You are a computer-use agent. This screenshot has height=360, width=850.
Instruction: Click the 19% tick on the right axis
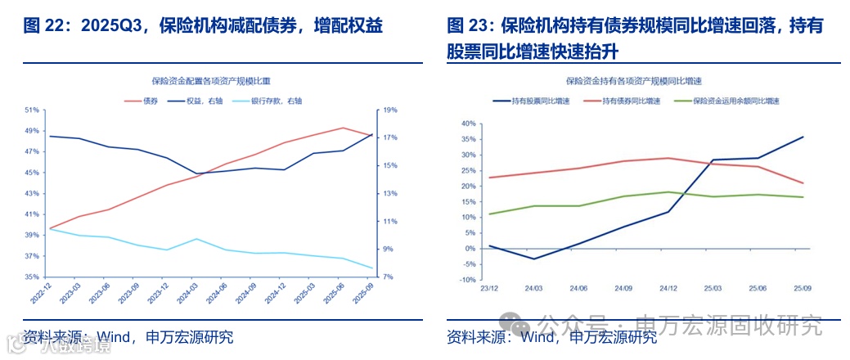[389, 110]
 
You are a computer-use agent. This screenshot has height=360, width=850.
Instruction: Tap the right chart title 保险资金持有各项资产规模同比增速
[635, 81]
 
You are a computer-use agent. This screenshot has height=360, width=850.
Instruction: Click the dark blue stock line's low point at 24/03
[534, 259]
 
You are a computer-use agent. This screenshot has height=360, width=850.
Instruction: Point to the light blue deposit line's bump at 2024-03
[196, 239]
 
